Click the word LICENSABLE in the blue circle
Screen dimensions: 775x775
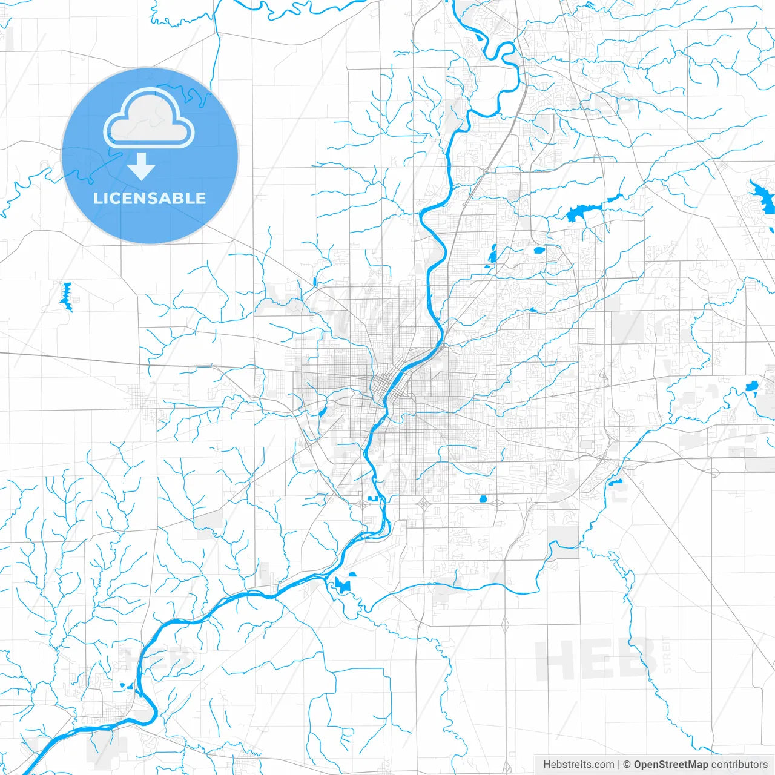coord(150,198)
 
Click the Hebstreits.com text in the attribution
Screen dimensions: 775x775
coord(579,765)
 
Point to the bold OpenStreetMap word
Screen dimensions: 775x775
coord(671,765)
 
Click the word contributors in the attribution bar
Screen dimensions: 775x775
coord(739,765)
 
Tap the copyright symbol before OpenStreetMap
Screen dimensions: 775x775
coord(627,765)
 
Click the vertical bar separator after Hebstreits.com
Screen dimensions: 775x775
coord(619,765)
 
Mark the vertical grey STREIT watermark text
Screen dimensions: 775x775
coord(667,654)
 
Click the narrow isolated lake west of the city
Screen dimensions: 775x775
coord(66,296)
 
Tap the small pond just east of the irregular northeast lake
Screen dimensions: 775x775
coord(615,197)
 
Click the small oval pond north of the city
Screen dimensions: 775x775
coord(539,249)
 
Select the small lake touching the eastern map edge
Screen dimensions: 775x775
coord(753,386)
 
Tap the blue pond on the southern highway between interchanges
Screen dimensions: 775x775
coord(483,499)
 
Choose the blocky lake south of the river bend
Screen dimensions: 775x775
coord(343,585)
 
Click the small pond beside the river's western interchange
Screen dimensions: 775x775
coord(372,498)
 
